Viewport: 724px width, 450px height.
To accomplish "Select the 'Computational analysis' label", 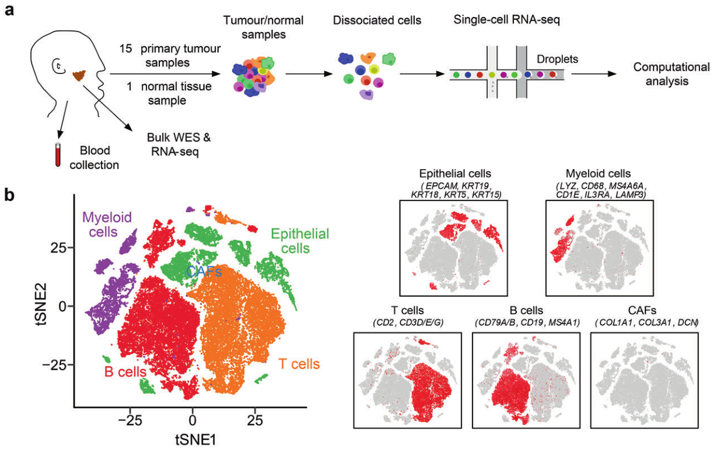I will tap(671, 74).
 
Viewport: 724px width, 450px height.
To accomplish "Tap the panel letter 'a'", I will tap(9, 10).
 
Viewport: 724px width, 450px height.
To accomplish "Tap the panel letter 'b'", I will tap(9, 194).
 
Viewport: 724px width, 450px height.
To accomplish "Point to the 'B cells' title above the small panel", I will tap(527, 311).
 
